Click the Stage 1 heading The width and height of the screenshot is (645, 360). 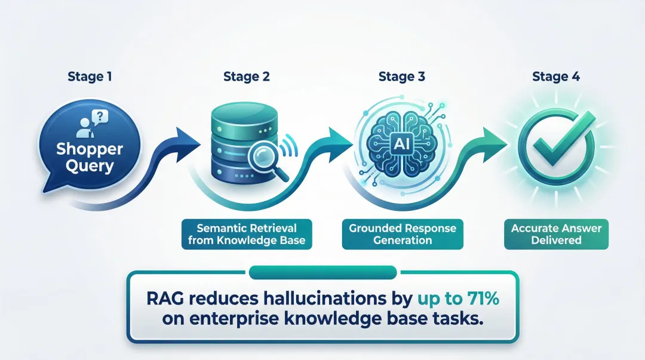[89, 76]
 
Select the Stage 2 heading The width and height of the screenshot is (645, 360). [246, 76]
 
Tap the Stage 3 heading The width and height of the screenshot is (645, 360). [401, 76]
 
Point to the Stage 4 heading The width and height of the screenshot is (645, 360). [556, 76]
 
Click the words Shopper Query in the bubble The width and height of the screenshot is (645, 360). [85, 158]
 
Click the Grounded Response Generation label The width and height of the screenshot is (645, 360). [402, 234]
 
